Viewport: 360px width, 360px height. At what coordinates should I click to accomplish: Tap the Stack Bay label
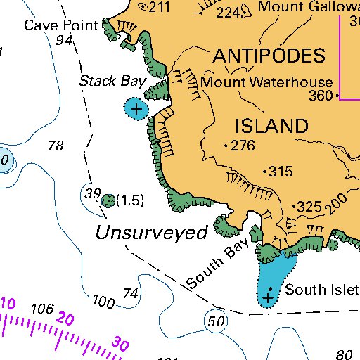click(111, 82)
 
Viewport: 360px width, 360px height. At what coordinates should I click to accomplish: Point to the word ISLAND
click(271, 127)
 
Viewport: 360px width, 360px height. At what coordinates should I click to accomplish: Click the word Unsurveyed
click(152, 233)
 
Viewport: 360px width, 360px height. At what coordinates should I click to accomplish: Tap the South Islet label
click(321, 290)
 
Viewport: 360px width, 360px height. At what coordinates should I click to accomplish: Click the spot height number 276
click(243, 146)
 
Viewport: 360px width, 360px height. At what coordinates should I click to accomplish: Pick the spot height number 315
click(281, 172)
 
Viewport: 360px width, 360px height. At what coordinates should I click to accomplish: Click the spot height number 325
click(309, 207)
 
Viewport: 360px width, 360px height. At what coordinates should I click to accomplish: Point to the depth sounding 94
click(65, 41)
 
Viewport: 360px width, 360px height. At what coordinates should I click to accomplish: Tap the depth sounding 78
click(56, 146)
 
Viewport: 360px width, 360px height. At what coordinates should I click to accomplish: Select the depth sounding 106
click(43, 309)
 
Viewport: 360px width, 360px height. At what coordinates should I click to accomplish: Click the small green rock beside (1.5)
click(108, 201)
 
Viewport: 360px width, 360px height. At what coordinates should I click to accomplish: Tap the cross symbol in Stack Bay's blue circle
click(136, 108)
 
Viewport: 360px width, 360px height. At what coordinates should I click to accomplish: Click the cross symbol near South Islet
click(268, 299)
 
